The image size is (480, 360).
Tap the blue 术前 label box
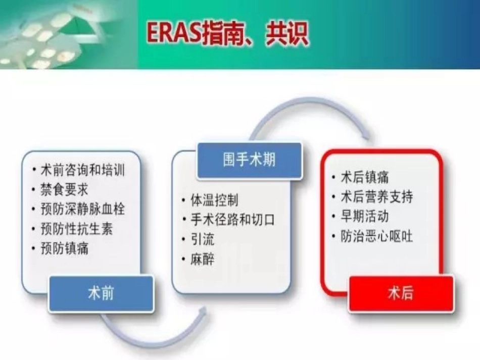click(x=101, y=294)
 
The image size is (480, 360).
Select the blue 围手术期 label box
click(x=249, y=160)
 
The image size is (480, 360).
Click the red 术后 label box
click(x=401, y=294)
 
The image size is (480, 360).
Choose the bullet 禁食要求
click(x=64, y=189)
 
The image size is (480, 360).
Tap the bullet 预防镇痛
click(x=64, y=248)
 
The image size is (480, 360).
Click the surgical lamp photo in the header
click(x=68, y=34)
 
